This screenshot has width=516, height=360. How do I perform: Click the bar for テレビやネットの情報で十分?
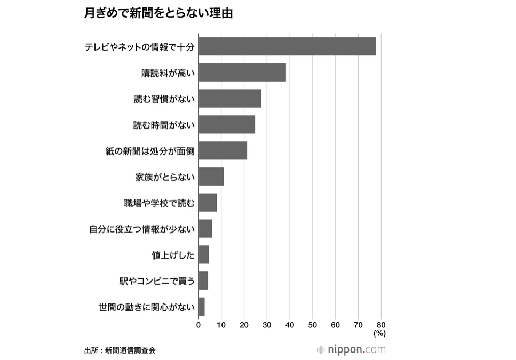tap(287, 46)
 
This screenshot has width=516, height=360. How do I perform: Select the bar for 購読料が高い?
tap(242, 73)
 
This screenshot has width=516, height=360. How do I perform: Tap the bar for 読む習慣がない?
tap(229, 99)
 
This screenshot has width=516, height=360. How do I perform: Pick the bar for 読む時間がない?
tap(227, 125)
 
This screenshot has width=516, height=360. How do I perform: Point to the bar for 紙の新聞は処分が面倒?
tap(223, 151)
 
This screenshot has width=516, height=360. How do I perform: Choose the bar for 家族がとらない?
tap(211, 177)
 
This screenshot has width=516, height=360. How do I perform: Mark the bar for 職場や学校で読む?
tap(208, 203)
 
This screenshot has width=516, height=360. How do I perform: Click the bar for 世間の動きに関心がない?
tap(201, 307)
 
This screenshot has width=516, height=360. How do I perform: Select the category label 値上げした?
tap(173, 255)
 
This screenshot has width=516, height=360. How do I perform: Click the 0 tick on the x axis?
tap(199, 324)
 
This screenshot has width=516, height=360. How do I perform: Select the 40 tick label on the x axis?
tap(290, 324)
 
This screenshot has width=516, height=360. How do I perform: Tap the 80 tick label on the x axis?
tap(381, 324)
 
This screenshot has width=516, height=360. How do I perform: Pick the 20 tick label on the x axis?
tap(244, 324)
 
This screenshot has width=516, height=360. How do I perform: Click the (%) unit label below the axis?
tap(379, 333)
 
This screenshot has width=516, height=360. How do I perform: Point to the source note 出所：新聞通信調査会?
tap(120, 350)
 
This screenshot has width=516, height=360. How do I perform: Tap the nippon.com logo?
tap(351, 350)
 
